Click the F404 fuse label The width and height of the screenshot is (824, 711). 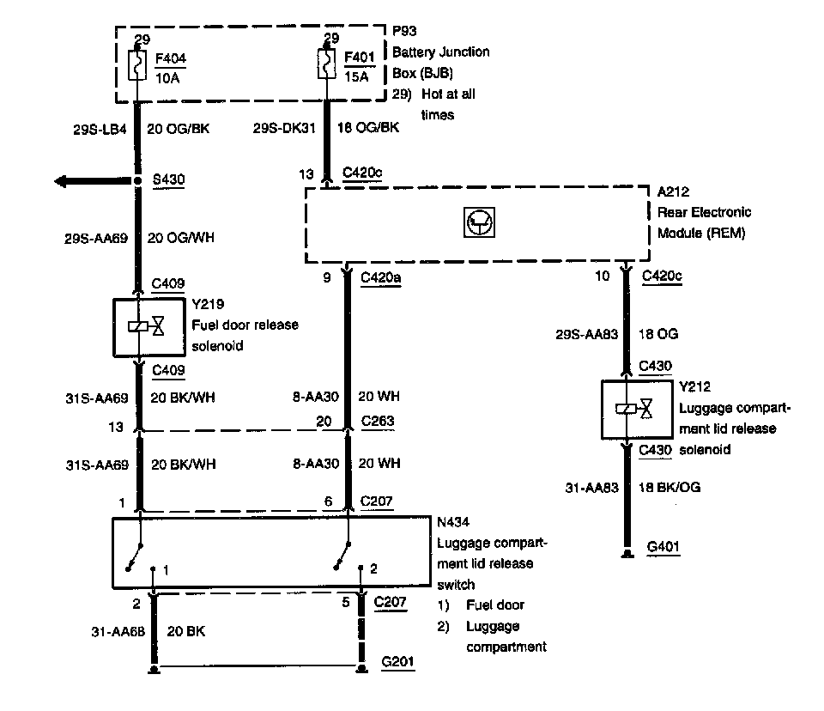click(171, 59)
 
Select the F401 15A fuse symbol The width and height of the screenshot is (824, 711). click(326, 64)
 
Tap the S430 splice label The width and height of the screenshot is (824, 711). click(167, 180)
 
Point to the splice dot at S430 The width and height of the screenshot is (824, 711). click(137, 181)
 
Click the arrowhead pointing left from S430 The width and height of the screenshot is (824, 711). click(62, 181)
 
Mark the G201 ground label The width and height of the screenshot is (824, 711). click(398, 664)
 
